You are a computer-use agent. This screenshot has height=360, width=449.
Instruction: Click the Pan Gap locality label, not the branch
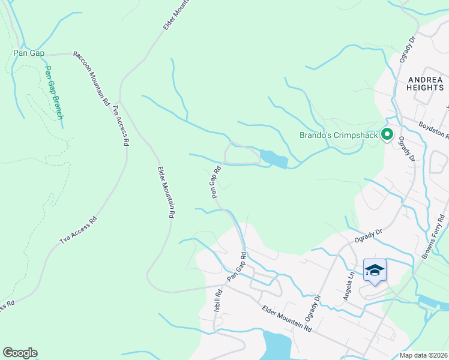coord(29,53)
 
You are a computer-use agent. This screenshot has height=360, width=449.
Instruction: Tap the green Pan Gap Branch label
coord(53,92)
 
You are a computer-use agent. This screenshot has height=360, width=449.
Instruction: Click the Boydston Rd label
coord(434,130)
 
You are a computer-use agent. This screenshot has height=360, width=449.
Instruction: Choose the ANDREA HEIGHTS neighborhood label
coord(426,83)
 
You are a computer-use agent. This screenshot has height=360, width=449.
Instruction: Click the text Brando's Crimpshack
coord(339,135)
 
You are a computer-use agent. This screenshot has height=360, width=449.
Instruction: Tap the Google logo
coord(20,353)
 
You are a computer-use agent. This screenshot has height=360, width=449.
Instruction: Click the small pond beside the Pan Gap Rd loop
coord(274,159)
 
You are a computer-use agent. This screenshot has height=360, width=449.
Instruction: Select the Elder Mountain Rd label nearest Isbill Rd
coord(287,318)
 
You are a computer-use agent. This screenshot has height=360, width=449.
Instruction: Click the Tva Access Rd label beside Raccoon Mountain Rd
coord(120,126)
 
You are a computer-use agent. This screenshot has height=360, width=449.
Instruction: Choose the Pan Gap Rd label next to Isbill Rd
coord(237,268)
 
